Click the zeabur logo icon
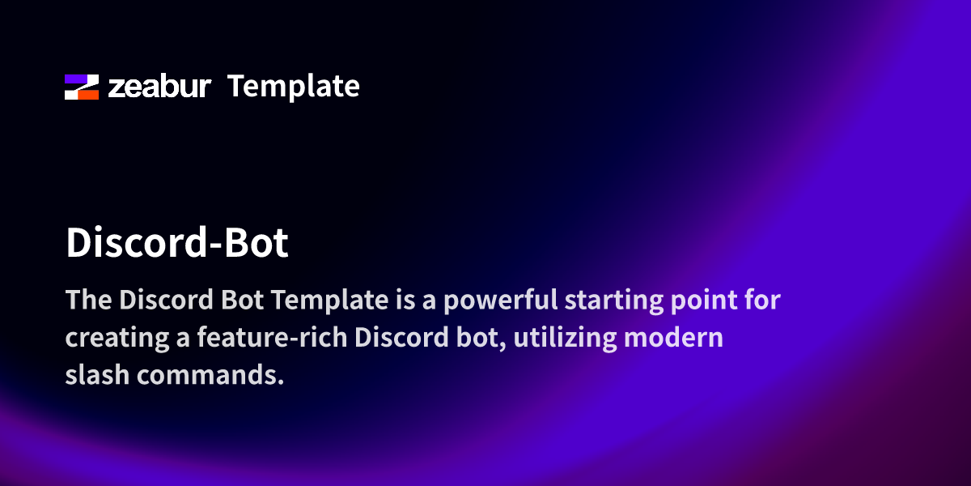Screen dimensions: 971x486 82,87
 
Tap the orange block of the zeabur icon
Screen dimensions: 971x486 88,95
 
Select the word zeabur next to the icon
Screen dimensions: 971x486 159,87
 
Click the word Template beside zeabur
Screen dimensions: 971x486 294,87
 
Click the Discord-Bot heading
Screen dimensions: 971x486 177,242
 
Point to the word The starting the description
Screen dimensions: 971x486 89,300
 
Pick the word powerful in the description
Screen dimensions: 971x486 500,301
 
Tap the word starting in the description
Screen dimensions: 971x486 614,301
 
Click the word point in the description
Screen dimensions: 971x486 704,301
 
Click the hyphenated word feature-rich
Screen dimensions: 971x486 272,337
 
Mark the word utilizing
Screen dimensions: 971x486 565,338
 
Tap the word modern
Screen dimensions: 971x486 673,338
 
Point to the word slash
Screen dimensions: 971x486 98,374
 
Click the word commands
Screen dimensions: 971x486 207,375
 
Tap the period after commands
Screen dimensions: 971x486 281,382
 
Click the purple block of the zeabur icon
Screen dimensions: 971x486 75,79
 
